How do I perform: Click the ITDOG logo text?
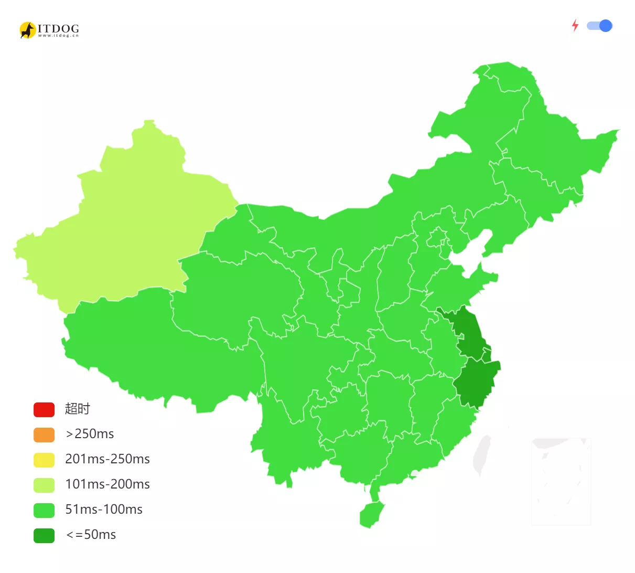[58, 28]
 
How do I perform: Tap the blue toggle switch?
[599, 26]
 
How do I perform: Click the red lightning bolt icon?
[575, 26]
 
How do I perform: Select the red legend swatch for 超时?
[44, 409]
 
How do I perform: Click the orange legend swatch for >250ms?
[44, 434]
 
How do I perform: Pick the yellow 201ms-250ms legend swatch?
[44, 460]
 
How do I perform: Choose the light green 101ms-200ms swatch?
[44, 485]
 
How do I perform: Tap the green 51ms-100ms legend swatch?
[44, 510]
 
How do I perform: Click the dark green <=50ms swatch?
[44, 535]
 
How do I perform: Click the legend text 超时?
[78, 409]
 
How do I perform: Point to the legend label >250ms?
[90, 434]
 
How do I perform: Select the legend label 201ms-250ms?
[107, 459]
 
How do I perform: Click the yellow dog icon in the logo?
[27, 30]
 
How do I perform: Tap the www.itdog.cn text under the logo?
[58, 36]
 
